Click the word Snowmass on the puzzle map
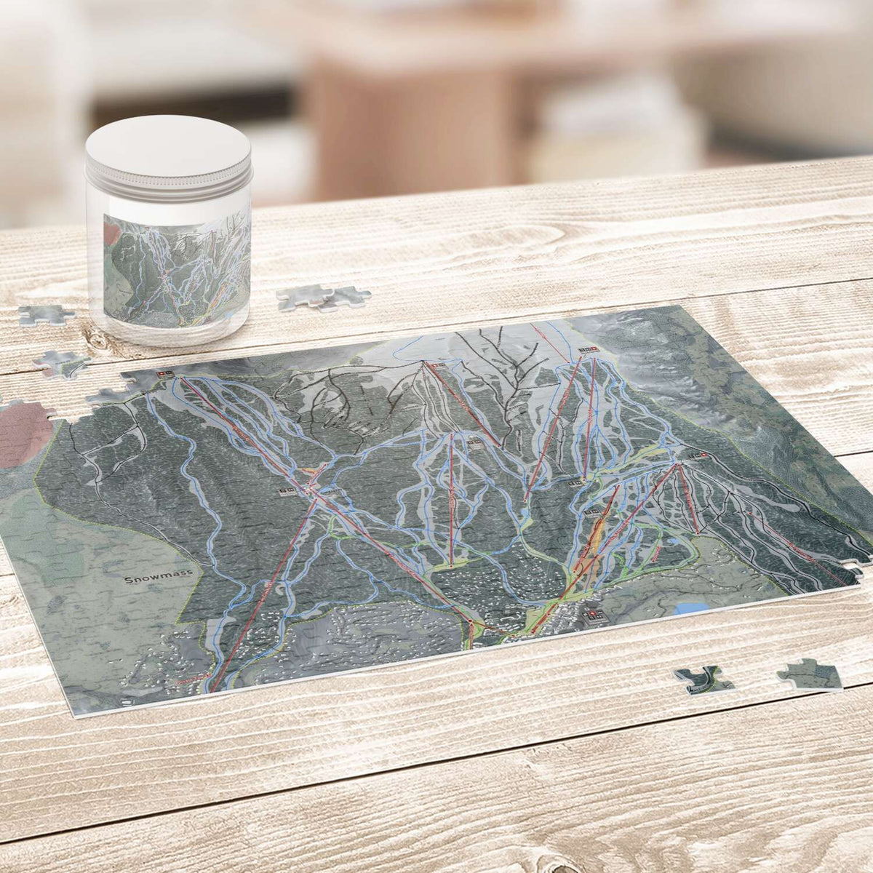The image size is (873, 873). tap(157, 578)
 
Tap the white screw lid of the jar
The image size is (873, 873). tap(168, 152)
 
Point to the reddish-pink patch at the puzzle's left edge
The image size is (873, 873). tap(25, 432)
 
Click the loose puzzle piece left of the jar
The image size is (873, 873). tap(45, 314)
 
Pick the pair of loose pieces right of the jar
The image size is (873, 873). tap(323, 295)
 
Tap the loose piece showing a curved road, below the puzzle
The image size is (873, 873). tap(702, 679)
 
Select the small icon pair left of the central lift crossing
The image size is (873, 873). tap(286, 493)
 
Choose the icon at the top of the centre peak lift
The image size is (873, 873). tap(435, 365)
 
